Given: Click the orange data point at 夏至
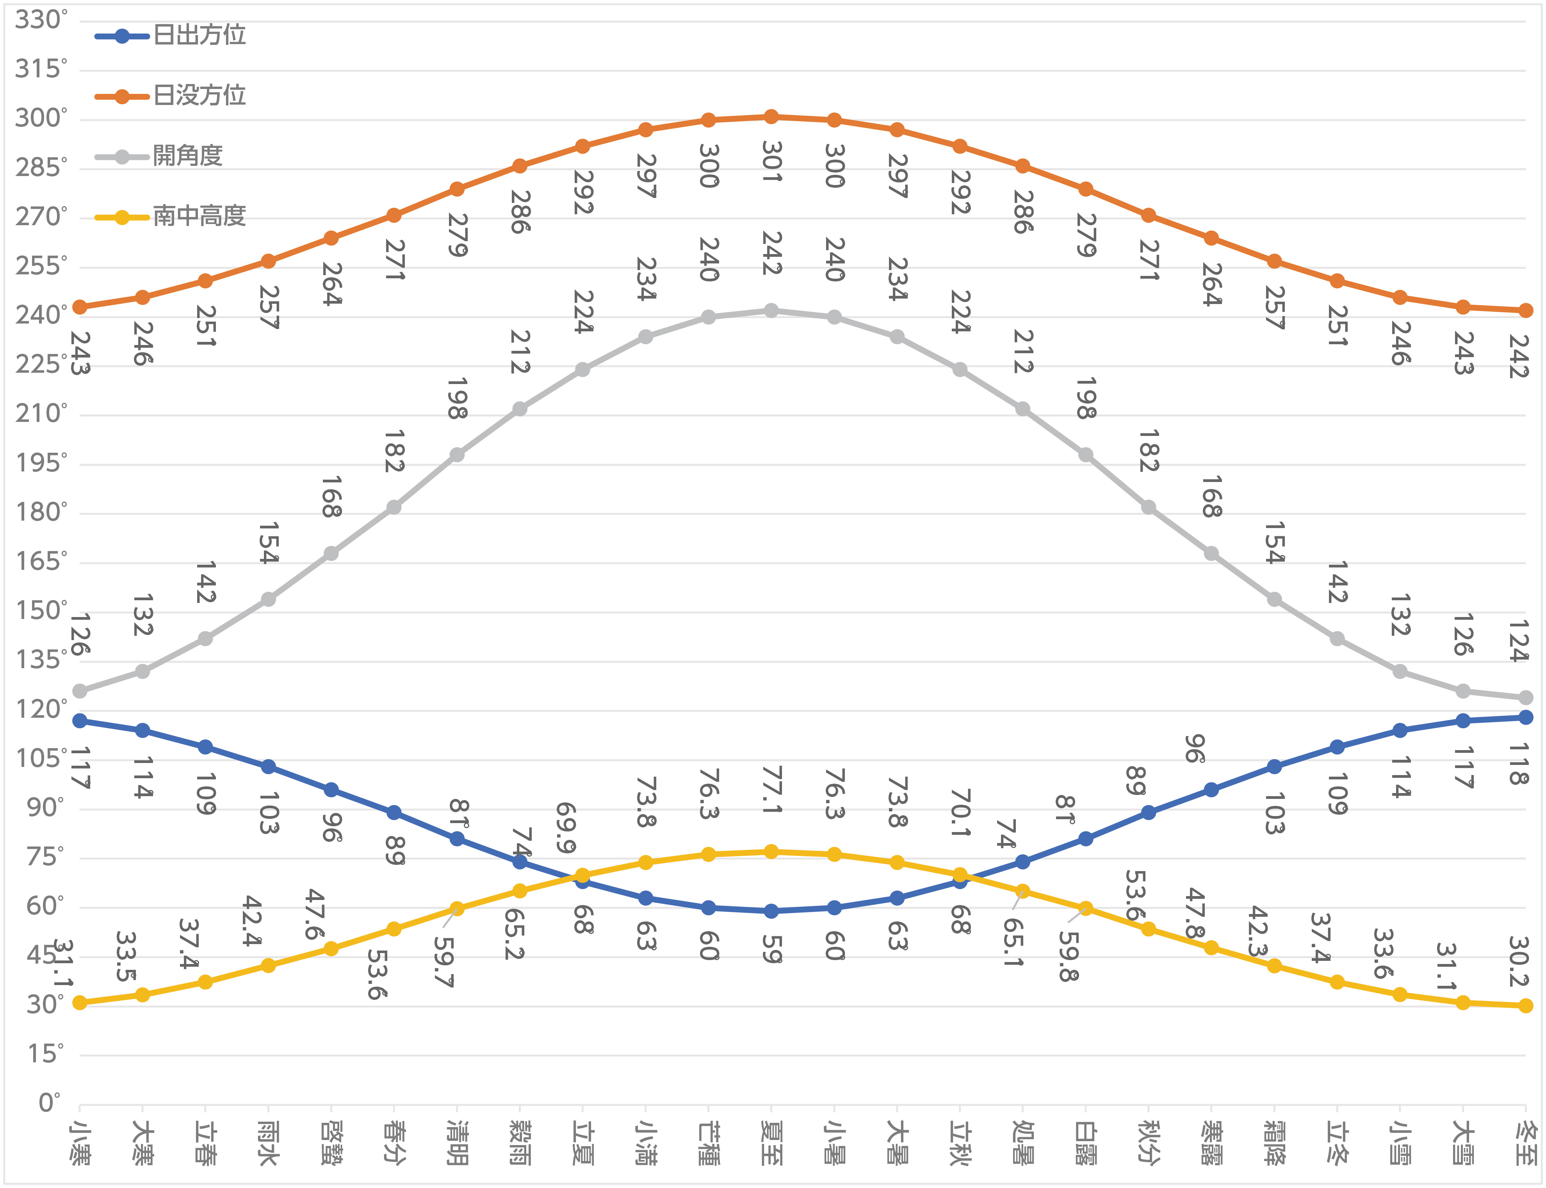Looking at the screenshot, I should (771, 117).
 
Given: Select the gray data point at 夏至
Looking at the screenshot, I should (771, 310).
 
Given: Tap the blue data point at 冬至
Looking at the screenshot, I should (1525, 717).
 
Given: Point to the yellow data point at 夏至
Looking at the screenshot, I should (771, 852).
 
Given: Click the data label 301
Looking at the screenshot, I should (771, 161).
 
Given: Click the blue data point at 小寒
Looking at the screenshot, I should (80, 720).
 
